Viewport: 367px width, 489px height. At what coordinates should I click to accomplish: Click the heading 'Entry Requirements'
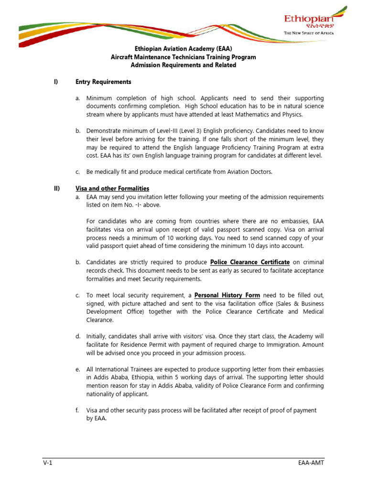click(x=103, y=82)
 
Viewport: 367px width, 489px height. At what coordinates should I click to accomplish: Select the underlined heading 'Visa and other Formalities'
click(x=112, y=189)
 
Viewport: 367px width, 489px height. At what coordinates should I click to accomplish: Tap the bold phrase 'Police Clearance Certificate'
click(x=250, y=262)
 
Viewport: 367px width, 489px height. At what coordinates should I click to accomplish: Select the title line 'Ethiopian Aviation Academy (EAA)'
click(x=183, y=49)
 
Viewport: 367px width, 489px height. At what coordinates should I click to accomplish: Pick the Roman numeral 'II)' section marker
click(x=57, y=189)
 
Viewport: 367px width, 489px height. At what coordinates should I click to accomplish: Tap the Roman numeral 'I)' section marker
click(x=55, y=82)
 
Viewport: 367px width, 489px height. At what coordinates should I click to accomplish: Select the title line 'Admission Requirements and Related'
click(x=183, y=65)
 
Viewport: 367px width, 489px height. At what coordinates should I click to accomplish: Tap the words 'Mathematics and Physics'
click(x=270, y=115)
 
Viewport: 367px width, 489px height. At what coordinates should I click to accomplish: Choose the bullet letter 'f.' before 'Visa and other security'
click(x=77, y=410)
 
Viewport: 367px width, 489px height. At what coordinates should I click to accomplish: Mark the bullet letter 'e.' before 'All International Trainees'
click(x=77, y=369)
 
